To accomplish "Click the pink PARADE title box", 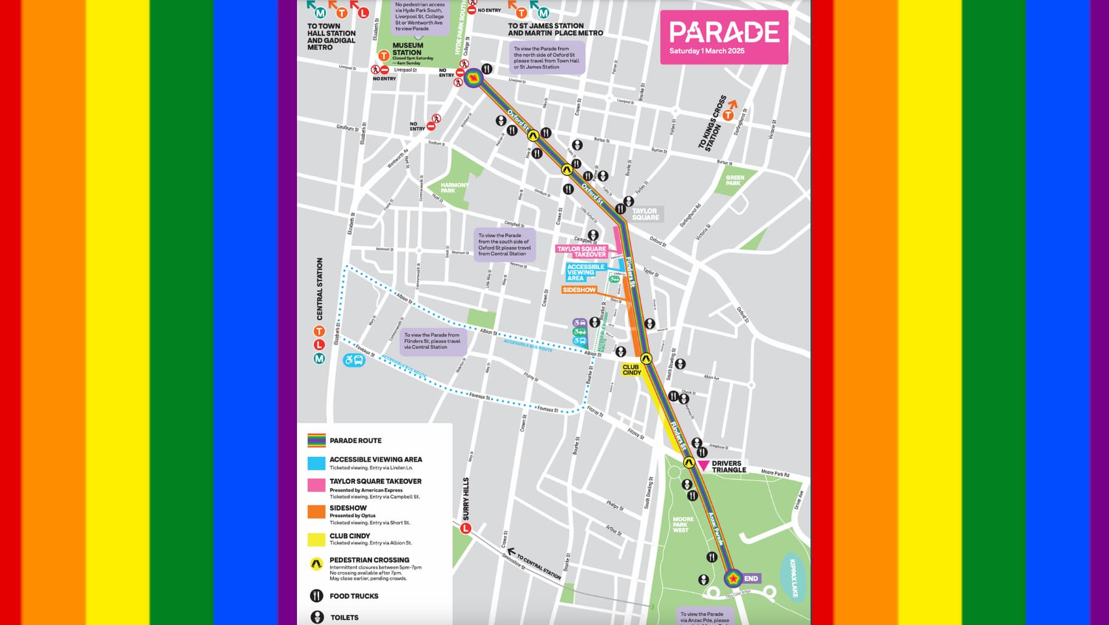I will click(x=724, y=37).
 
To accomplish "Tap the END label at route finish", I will click(x=751, y=578).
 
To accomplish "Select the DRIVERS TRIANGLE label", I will click(x=728, y=467).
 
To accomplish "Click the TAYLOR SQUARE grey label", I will click(x=645, y=214).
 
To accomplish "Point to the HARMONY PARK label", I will click(x=454, y=187).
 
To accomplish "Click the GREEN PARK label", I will click(x=734, y=180).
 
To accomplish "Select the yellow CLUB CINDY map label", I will click(x=632, y=370).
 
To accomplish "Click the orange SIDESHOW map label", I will click(x=579, y=290).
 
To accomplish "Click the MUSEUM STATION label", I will click(x=407, y=49).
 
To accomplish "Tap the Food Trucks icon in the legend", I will click(x=316, y=595).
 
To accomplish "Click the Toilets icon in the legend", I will click(x=317, y=616).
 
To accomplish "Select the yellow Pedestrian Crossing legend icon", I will click(x=316, y=563).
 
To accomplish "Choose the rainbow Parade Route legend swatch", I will click(x=316, y=440).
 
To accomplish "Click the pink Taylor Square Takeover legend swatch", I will click(x=316, y=484).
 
